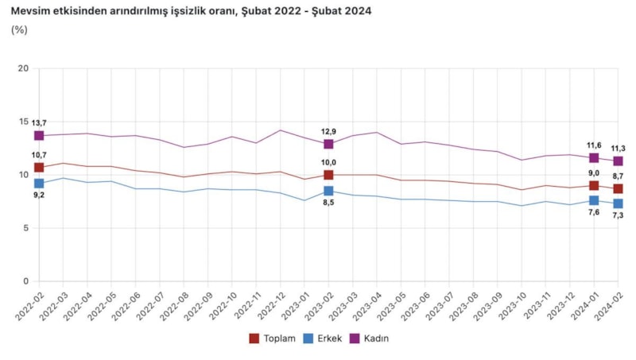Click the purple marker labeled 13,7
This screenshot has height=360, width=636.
coord(39,136)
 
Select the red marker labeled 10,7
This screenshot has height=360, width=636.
coord(39,168)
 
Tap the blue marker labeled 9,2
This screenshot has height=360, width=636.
coord(39,184)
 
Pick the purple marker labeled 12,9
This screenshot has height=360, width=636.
coord(328,144)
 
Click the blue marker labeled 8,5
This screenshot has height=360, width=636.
coord(328,191)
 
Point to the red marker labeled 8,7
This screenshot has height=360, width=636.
coord(618,188)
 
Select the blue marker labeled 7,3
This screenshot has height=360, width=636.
coord(618,203)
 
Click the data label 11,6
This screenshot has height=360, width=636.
coord(594,145)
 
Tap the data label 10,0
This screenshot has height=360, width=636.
coord(328,164)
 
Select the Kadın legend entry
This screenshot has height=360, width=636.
coord(370,339)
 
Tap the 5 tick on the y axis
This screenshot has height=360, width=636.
coord(25,228)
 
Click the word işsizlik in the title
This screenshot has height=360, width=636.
coord(187,12)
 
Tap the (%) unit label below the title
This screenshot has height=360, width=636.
coord(19,30)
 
